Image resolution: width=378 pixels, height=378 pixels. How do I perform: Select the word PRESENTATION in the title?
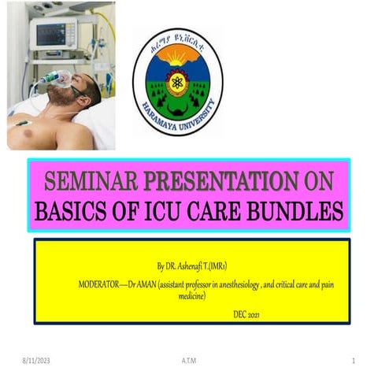tap(216, 181)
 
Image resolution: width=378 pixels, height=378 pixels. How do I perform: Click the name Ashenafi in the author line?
tap(200, 267)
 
